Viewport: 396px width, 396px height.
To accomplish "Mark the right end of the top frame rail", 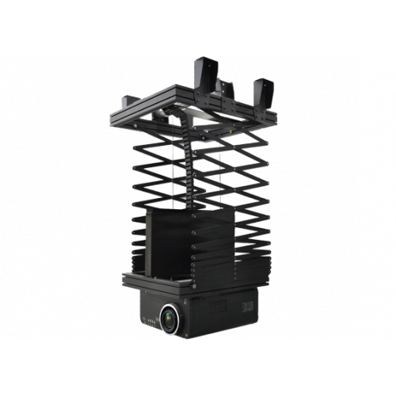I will click(274, 119).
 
